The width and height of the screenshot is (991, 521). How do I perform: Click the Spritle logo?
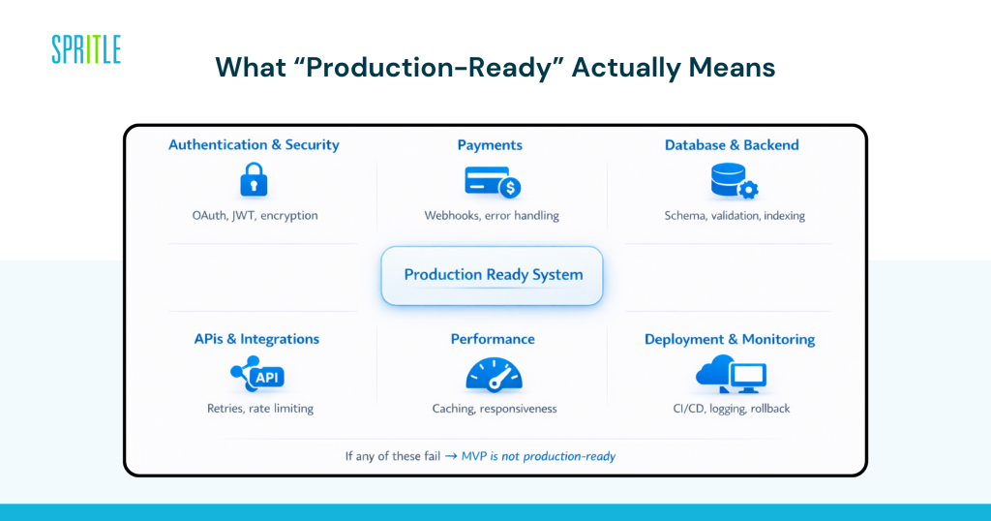pos(86,49)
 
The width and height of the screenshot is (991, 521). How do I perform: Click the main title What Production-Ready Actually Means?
pos(495,67)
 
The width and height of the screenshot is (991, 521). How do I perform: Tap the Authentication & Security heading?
pos(254,145)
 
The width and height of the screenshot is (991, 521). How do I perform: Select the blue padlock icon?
pos(254,180)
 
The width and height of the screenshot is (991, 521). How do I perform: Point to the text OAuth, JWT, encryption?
pos(255,216)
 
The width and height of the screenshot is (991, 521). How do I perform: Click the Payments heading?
pos(490,145)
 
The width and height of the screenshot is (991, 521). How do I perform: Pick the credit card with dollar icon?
pos(492,181)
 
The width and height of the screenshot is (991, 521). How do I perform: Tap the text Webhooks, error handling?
pos(492,216)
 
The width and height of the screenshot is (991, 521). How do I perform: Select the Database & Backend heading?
pos(732,145)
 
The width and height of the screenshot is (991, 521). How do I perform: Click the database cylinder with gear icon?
pos(734,181)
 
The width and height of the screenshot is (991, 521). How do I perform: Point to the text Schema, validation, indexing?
pos(735,216)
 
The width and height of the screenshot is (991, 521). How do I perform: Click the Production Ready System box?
pos(493,275)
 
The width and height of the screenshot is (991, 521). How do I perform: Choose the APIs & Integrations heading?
pos(256,340)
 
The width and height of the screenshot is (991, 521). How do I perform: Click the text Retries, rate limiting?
pos(260,409)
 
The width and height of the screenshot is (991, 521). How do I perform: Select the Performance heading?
pos(493,340)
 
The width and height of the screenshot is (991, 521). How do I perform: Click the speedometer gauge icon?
pos(494,374)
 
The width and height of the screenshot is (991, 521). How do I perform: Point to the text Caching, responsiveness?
pos(495,409)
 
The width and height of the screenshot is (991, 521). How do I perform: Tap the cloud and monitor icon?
pos(731,374)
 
